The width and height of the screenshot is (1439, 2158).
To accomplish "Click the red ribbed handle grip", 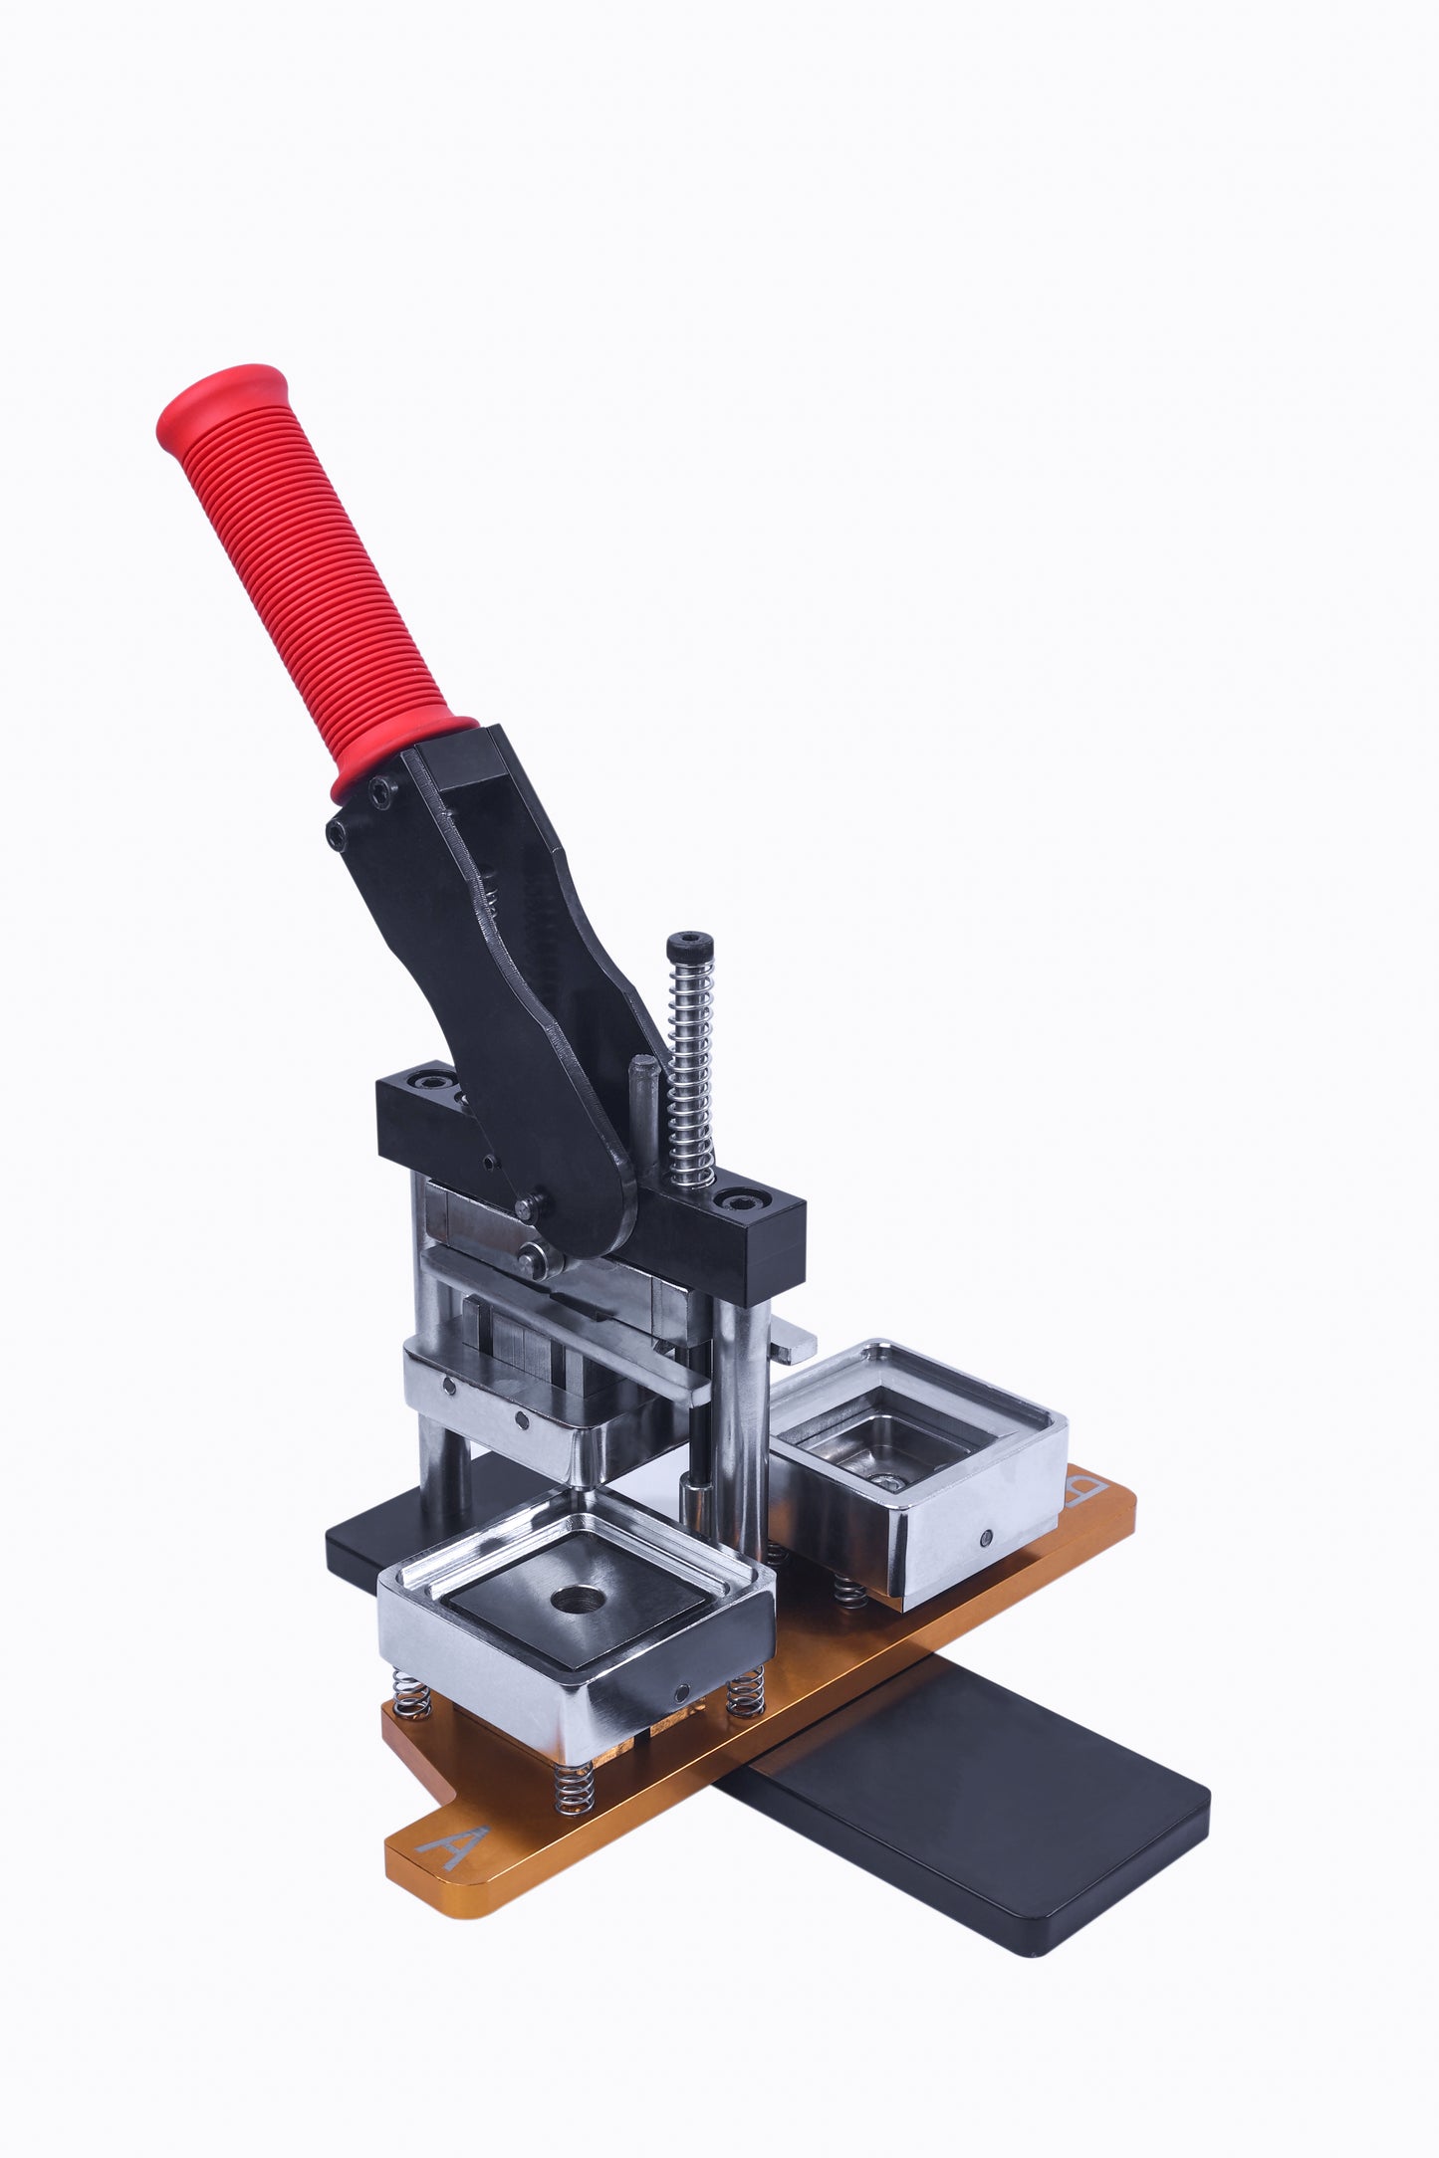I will tap(309, 577).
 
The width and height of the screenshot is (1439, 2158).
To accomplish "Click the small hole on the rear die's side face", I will tap(986, 1538).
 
